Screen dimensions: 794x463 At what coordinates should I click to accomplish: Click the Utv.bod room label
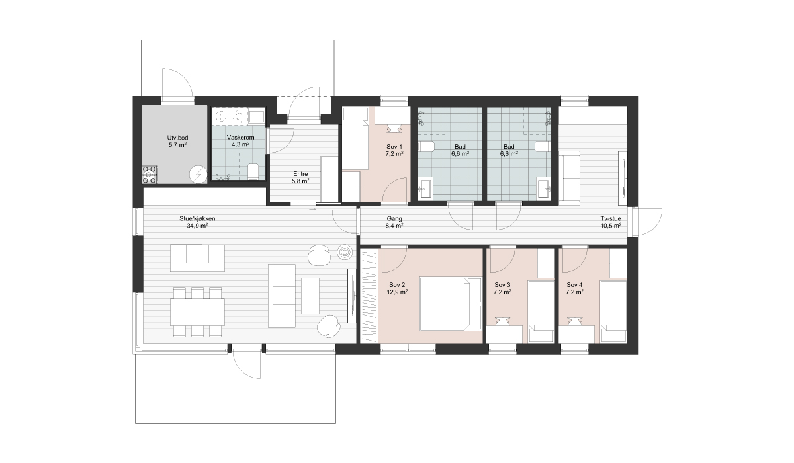click(x=177, y=138)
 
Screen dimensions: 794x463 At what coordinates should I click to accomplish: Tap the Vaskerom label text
click(x=241, y=138)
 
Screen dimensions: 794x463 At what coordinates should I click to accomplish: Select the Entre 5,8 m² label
click(x=300, y=177)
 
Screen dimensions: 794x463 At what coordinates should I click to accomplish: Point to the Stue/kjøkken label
click(x=197, y=218)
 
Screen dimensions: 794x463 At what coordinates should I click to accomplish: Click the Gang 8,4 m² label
click(x=394, y=222)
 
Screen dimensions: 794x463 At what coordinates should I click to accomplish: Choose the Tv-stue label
click(x=611, y=218)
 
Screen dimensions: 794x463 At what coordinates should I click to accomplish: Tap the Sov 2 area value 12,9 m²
click(x=397, y=292)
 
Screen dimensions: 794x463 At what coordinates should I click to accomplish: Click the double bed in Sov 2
click(x=451, y=304)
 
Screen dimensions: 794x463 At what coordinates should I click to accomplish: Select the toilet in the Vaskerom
click(x=253, y=171)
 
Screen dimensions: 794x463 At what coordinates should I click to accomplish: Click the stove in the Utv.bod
click(x=150, y=175)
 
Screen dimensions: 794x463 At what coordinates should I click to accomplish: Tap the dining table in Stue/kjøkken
click(x=197, y=312)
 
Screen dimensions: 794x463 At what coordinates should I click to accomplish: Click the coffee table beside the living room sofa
click(x=310, y=296)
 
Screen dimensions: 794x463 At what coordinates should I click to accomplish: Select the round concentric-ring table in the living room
click(x=344, y=253)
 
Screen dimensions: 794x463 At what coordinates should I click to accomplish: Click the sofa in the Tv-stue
click(x=569, y=178)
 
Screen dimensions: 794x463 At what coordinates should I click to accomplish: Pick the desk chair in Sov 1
click(x=394, y=128)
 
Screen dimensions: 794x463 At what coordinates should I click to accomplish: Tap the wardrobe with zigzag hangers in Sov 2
click(x=369, y=296)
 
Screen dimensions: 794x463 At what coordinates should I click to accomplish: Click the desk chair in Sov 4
click(x=574, y=321)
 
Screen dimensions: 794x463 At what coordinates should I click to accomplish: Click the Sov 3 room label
click(x=502, y=285)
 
